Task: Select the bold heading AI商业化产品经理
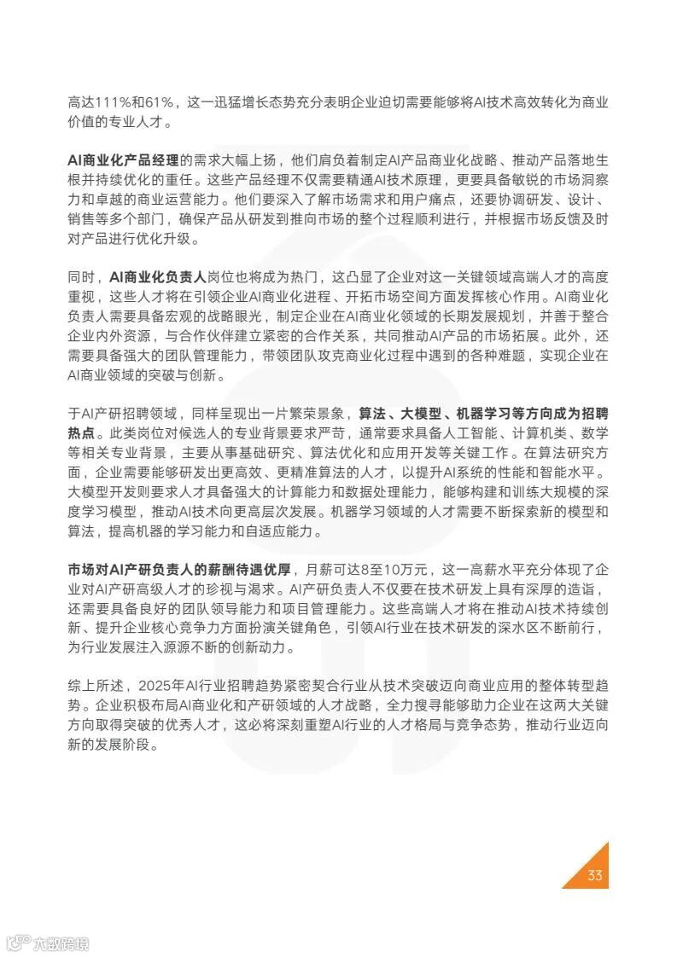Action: pyautogui.click(x=124, y=159)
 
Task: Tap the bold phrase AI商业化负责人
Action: pyautogui.click(x=158, y=277)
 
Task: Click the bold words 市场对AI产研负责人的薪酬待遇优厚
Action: pyautogui.click(x=180, y=569)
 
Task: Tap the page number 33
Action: pyautogui.click(x=595, y=876)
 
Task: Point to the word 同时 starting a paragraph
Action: pyautogui.click(x=81, y=277)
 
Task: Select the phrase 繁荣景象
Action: pyautogui.click(x=316, y=414)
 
